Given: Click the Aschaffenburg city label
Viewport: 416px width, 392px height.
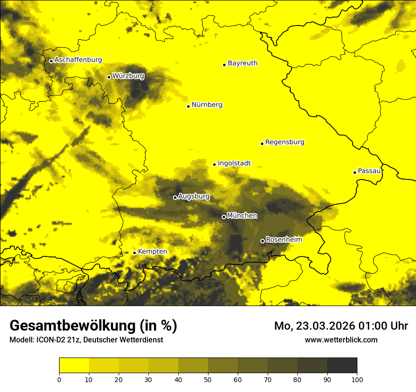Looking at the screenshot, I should pos(78,60).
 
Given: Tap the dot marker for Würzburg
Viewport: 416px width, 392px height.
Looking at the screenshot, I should pos(109,77).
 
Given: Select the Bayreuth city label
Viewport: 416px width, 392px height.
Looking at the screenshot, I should pos(243,63).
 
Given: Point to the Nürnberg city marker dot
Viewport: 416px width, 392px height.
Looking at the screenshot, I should pos(188,106).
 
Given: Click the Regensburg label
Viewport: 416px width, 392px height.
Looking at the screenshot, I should pos(285,142).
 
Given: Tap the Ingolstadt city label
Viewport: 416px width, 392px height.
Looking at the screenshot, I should pos(234,163).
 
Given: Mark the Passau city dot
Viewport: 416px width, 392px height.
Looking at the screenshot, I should pos(355,172).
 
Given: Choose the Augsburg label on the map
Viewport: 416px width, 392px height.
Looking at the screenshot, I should pos(194,196).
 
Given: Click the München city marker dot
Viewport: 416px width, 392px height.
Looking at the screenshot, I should pos(224,217).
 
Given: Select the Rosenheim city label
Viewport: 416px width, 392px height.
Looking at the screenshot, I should pos(284,240).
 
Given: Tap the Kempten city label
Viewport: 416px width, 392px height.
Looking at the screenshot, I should pos(152,252).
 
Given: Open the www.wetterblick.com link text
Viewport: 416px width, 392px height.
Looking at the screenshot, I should pos(341,340).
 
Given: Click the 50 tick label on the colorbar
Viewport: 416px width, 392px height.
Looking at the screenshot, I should pos(208,379).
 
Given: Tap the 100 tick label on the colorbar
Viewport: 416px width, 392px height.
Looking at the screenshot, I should pos(357,379).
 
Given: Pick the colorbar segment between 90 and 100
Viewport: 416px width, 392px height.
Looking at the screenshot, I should pos(342,366).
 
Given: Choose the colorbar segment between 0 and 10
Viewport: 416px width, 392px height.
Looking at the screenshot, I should pos(74,366).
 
